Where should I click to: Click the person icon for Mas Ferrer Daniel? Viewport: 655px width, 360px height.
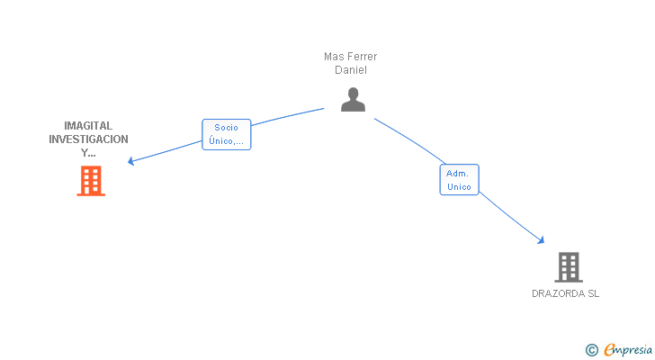tap(353, 100)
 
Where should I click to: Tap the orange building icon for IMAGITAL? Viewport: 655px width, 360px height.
tap(90, 181)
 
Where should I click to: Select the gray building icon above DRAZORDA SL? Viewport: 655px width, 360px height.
tap(568, 267)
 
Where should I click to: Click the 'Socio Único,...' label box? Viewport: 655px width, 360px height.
tap(226, 134)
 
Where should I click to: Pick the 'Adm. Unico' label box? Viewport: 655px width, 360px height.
tap(459, 179)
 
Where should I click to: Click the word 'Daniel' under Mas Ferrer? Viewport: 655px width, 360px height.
tap(350, 70)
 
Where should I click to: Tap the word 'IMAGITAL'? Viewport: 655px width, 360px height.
tap(88, 126)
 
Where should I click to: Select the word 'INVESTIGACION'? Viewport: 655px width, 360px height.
tap(88, 139)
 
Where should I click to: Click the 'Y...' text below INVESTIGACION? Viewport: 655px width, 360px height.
tap(88, 153)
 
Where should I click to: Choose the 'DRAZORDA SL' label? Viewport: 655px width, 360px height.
tap(565, 293)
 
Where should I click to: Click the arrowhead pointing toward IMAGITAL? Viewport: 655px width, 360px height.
tap(131, 162)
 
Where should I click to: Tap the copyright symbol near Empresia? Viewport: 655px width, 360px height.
tap(591, 349)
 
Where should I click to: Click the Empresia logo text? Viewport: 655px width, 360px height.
tap(627, 349)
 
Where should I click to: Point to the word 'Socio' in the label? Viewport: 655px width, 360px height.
tap(226, 128)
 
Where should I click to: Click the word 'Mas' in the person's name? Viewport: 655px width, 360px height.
tap(333, 57)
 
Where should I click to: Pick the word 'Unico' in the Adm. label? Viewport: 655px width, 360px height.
tap(459, 186)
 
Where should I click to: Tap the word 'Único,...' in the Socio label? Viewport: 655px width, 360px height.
tap(226, 141)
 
